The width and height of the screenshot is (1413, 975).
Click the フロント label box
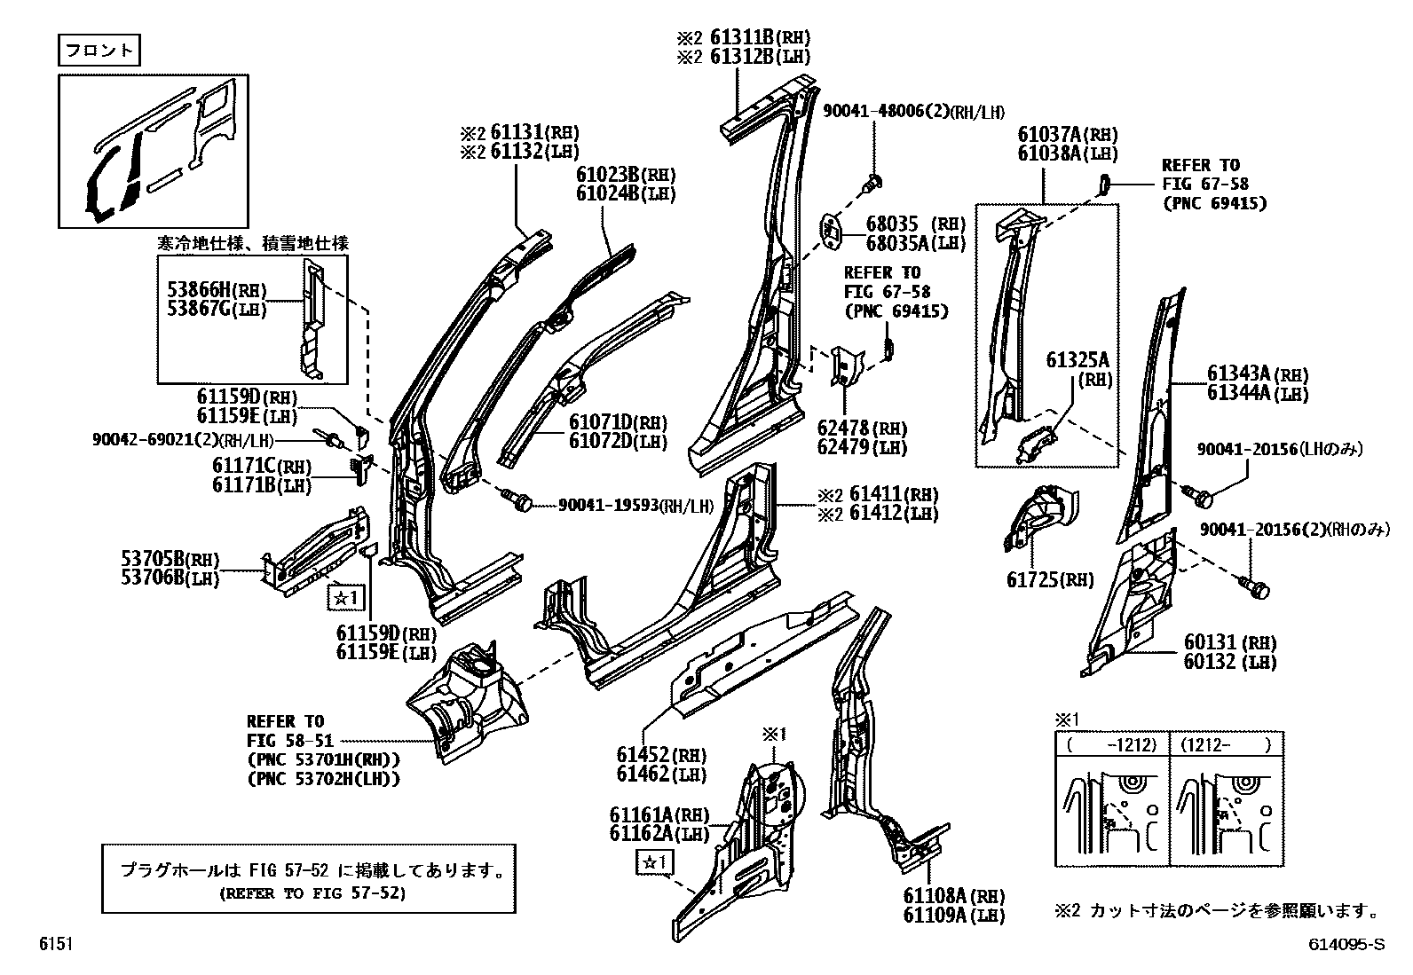tap(99, 50)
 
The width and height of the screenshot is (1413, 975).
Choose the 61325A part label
tap(1077, 360)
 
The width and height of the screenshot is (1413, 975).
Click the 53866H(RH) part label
tap(217, 288)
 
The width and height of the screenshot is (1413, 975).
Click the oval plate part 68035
tap(829, 231)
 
